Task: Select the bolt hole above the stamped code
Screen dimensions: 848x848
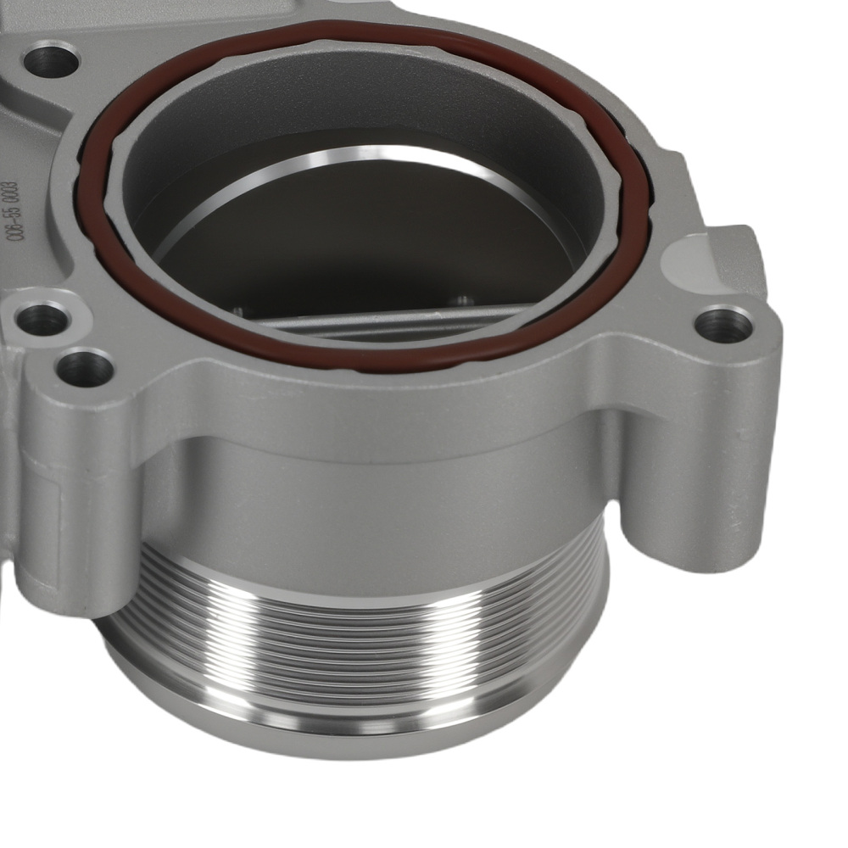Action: point(53,60)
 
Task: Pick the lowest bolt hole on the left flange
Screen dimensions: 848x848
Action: point(85,367)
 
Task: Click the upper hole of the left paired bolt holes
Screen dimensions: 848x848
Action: point(42,319)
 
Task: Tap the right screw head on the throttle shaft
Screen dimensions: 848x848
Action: point(462,298)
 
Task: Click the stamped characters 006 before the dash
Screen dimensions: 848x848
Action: point(12,237)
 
